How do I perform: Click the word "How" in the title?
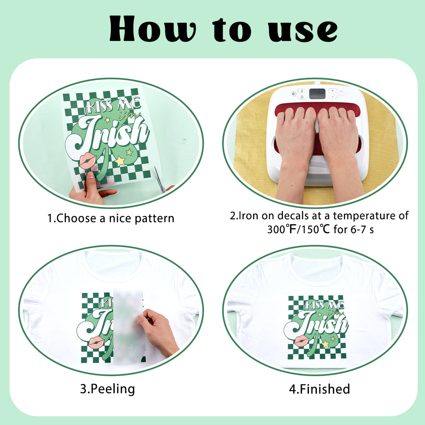click(x=152, y=28)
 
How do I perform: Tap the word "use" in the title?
click(x=303, y=31)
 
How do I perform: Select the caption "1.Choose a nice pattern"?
click(x=111, y=218)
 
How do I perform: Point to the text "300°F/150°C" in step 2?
click(x=298, y=229)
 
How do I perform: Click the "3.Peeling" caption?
click(x=107, y=389)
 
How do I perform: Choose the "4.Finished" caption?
click(x=320, y=389)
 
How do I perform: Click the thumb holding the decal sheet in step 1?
click(x=90, y=179)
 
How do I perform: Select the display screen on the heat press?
click(x=317, y=94)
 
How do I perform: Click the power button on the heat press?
click(x=293, y=94)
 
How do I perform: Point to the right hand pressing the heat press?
click(x=340, y=152)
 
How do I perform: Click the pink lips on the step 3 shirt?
click(x=96, y=342)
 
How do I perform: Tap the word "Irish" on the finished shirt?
click(x=316, y=325)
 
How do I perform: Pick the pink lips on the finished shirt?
click(x=301, y=340)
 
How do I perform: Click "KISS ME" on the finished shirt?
click(x=324, y=305)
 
